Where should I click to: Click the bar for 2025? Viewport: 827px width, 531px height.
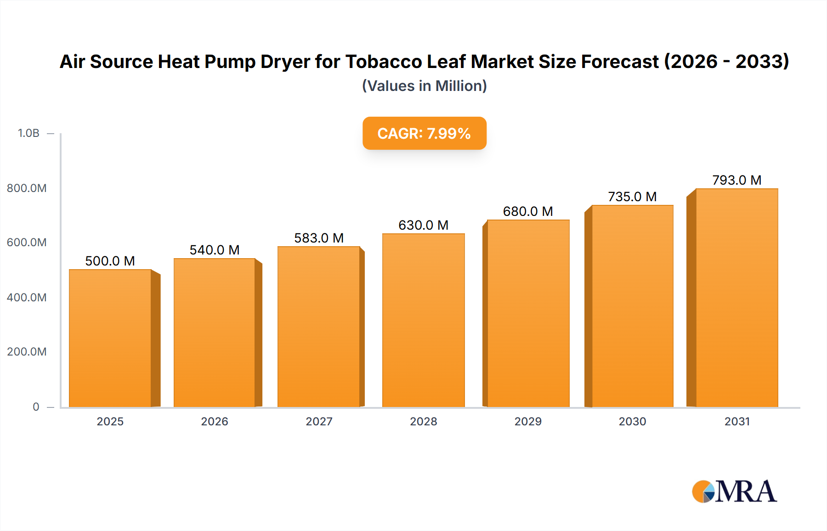pyautogui.click(x=110, y=338)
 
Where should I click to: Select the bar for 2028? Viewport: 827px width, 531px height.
pyautogui.click(x=424, y=320)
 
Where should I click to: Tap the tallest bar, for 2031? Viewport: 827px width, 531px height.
pyautogui.click(x=736, y=298)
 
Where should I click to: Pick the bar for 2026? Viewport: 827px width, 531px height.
pyautogui.click(x=215, y=333)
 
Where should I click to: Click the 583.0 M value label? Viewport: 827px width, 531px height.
pyautogui.click(x=319, y=238)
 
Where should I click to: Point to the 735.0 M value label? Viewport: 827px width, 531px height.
pyautogui.click(x=632, y=197)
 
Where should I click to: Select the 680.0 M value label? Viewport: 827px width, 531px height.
pyautogui.click(x=528, y=211)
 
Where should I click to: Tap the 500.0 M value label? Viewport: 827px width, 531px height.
pyautogui.click(x=110, y=261)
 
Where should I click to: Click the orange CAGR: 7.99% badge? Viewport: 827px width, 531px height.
pyautogui.click(x=424, y=133)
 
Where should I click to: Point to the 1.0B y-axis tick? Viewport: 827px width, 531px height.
pyautogui.click(x=28, y=133)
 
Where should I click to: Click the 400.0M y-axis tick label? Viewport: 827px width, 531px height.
pyautogui.click(x=27, y=297)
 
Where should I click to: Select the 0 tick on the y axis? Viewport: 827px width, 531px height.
pyautogui.click(x=36, y=407)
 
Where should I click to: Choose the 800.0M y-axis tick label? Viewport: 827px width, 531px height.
pyautogui.click(x=27, y=188)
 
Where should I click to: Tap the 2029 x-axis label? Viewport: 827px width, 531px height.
pyautogui.click(x=528, y=421)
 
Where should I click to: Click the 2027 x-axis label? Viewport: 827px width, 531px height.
pyautogui.click(x=319, y=421)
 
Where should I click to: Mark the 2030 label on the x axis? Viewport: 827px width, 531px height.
pyautogui.click(x=632, y=421)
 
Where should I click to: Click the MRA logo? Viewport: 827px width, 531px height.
pyautogui.click(x=734, y=491)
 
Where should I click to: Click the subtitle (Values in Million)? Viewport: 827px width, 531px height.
pyautogui.click(x=424, y=86)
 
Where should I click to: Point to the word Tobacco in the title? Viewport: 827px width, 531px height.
pyautogui.click(x=383, y=62)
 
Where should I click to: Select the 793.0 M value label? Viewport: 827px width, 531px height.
pyautogui.click(x=736, y=180)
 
